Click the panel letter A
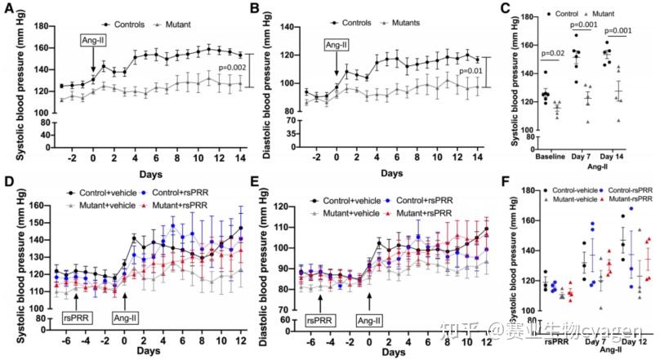(x=7, y=9)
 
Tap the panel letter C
(x=506, y=9)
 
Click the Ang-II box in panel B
(x=337, y=45)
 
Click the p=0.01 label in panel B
(x=471, y=72)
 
